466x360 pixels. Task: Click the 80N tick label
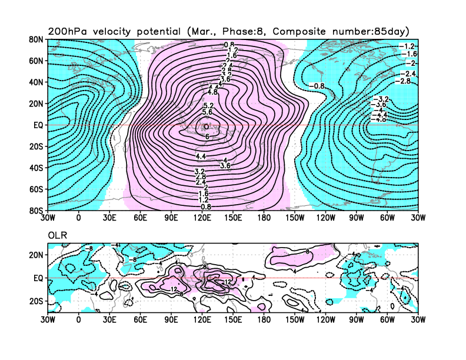coord(36,39)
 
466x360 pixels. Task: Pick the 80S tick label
coord(36,210)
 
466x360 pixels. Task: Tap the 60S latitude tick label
coord(36,189)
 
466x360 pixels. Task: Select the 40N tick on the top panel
coord(36,82)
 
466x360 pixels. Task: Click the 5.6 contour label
coord(207,112)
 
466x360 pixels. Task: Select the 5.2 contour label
coord(208,105)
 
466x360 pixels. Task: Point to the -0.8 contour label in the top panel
coord(318,86)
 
